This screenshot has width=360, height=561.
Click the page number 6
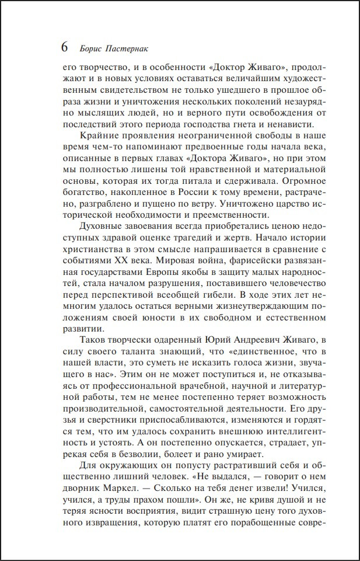tap(64, 47)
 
